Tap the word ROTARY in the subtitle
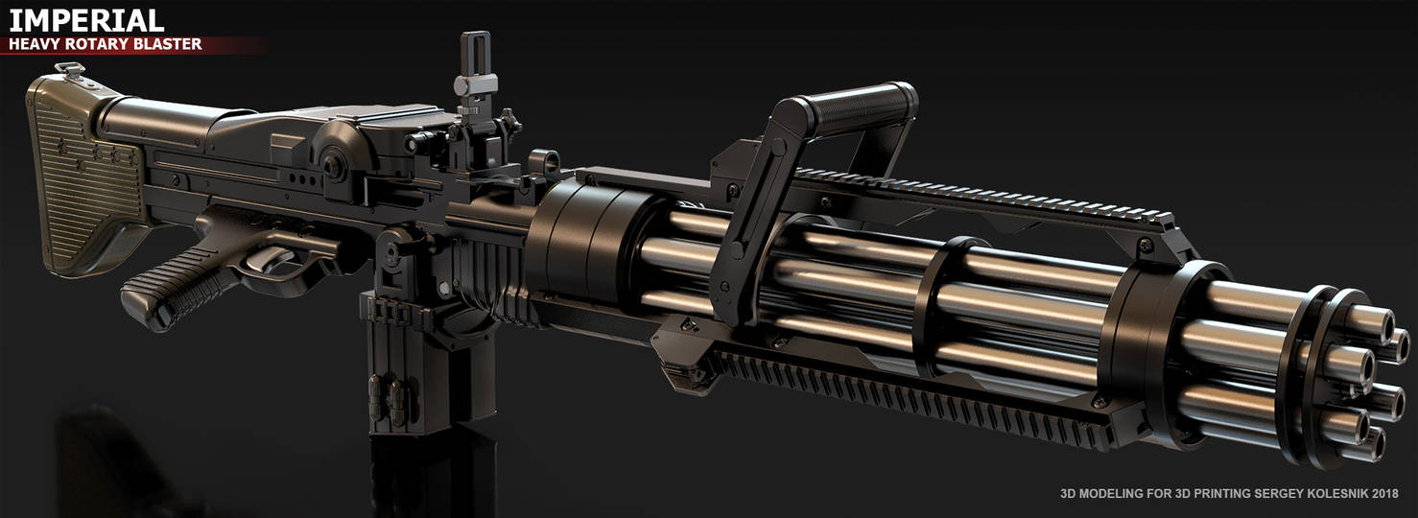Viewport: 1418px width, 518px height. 101,44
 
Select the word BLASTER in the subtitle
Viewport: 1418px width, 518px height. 167,44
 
